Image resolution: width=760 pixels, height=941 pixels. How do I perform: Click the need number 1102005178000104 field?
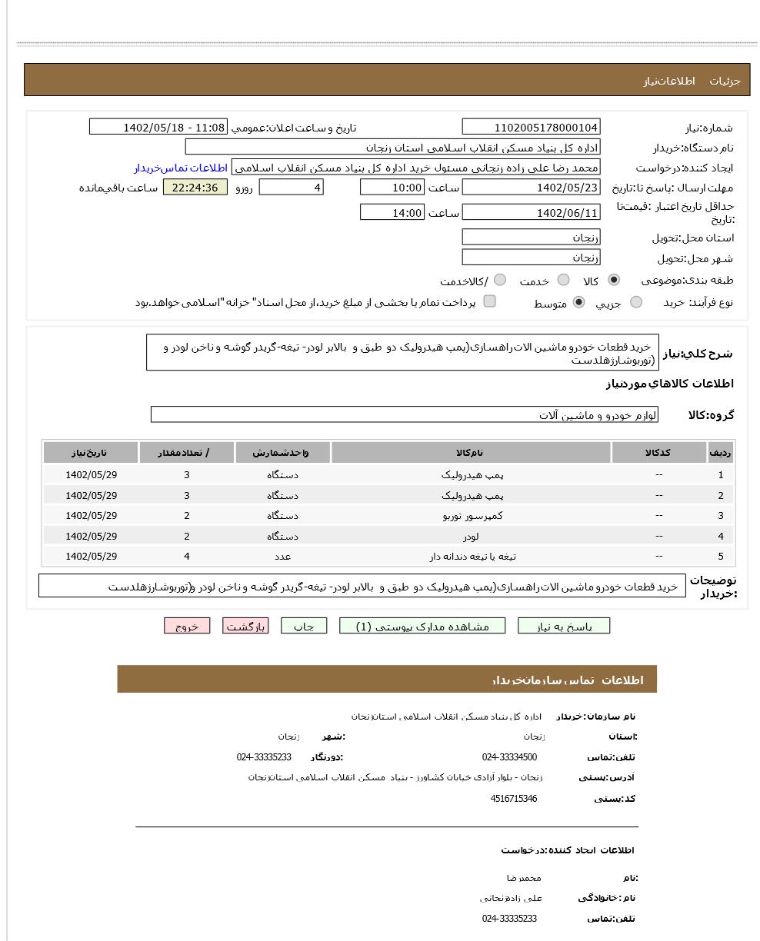(x=531, y=128)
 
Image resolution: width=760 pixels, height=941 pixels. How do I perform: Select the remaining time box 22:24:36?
(x=195, y=188)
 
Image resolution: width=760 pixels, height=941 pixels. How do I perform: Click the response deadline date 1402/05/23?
(x=531, y=188)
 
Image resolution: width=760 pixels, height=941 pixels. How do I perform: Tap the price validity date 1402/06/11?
(x=531, y=213)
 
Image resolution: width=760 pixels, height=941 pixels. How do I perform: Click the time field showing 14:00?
(x=392, y=213)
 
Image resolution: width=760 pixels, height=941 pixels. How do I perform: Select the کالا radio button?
(x=613, y=281)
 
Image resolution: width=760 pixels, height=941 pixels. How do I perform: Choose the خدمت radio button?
(x=563, y=281)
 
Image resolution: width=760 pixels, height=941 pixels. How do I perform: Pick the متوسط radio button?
(x=578, y=302)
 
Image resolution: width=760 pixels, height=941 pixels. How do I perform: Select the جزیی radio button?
(x=635, y=302)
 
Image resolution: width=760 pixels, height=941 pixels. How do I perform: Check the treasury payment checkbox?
(x=489, y=301)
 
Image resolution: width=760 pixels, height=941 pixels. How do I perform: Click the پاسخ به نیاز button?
(x=563, y=627)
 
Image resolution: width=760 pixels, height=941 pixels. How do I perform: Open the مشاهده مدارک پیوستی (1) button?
(x=422, y=627)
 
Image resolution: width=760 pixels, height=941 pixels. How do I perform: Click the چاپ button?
(x=304, y=627)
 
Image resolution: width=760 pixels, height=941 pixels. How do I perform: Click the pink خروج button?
(x=187, y=627)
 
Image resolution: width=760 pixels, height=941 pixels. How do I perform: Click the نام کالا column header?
(x=471, y=453)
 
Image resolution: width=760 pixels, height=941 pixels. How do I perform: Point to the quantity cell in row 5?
(x=186, y=557)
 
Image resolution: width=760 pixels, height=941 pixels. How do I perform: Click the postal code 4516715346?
(x=513, y=799)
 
